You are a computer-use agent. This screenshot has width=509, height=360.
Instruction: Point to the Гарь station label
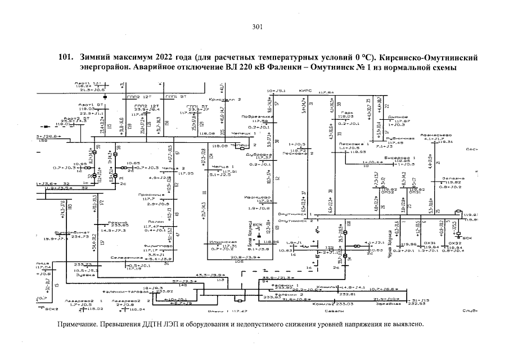click(346, 111)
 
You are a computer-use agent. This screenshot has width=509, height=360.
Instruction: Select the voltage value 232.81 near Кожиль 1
click(348, 294)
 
